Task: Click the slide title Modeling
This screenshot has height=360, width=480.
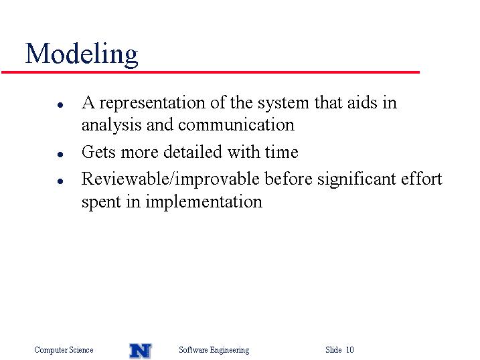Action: coord(82,54)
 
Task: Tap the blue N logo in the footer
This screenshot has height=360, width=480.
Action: coord(141,351)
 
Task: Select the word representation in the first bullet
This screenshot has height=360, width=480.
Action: coord(152,104)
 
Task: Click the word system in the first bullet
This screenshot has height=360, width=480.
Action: coord(283,104)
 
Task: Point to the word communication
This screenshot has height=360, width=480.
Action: coord(236,125)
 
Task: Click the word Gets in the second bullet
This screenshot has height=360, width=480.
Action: coord(98,152)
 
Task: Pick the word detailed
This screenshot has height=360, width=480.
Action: coord(193,152)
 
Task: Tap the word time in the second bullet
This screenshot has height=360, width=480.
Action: coord(282,152)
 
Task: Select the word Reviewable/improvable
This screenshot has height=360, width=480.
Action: coord(171,179)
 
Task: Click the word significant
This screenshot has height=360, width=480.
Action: coord(356,180)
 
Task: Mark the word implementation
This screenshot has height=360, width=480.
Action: coord(204,203)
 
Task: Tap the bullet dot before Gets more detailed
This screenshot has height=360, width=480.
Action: coord(60,154)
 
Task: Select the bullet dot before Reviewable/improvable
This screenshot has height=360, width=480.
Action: coord(60,181)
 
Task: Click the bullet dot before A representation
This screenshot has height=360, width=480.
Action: coord(60,105)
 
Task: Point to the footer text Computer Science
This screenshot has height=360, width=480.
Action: coord(64,350)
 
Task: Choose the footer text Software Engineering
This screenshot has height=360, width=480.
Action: coord(214,350)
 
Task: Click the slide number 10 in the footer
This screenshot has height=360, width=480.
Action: coord(350,349)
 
